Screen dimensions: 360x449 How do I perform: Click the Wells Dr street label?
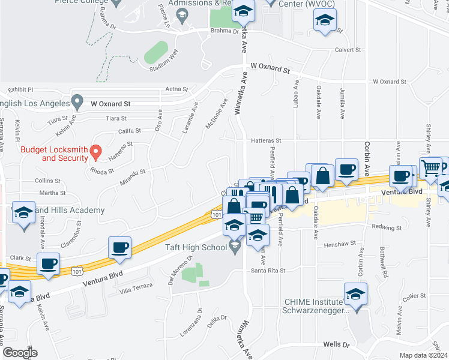[336, 344]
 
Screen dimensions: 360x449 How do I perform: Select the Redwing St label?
[387, 228]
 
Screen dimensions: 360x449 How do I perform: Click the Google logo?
[19, 353]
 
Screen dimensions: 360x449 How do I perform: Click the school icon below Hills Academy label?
[23, 214]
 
